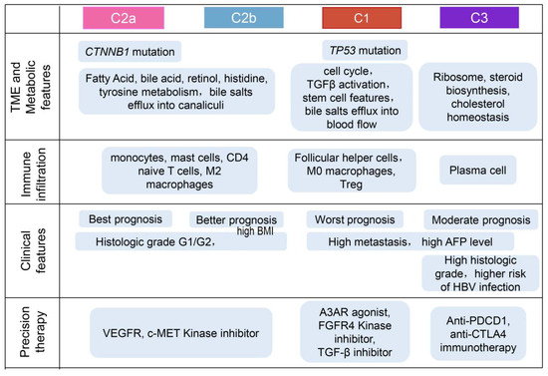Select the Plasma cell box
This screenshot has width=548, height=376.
coord(478,171)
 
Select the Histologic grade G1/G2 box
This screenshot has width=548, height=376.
coord(149,240)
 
